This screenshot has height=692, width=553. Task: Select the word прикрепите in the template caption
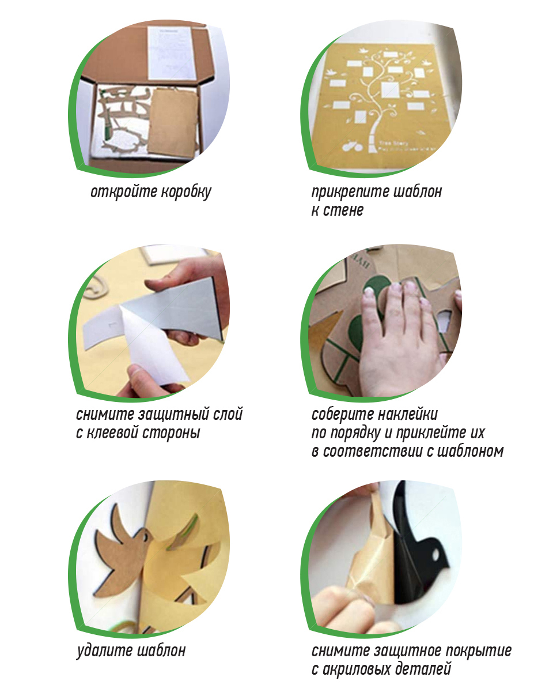click(350, 192)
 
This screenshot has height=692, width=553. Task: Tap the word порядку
click(355, 433)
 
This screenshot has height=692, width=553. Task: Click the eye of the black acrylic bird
click(435, 554)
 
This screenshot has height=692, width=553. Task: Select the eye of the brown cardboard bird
click(145, 537)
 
